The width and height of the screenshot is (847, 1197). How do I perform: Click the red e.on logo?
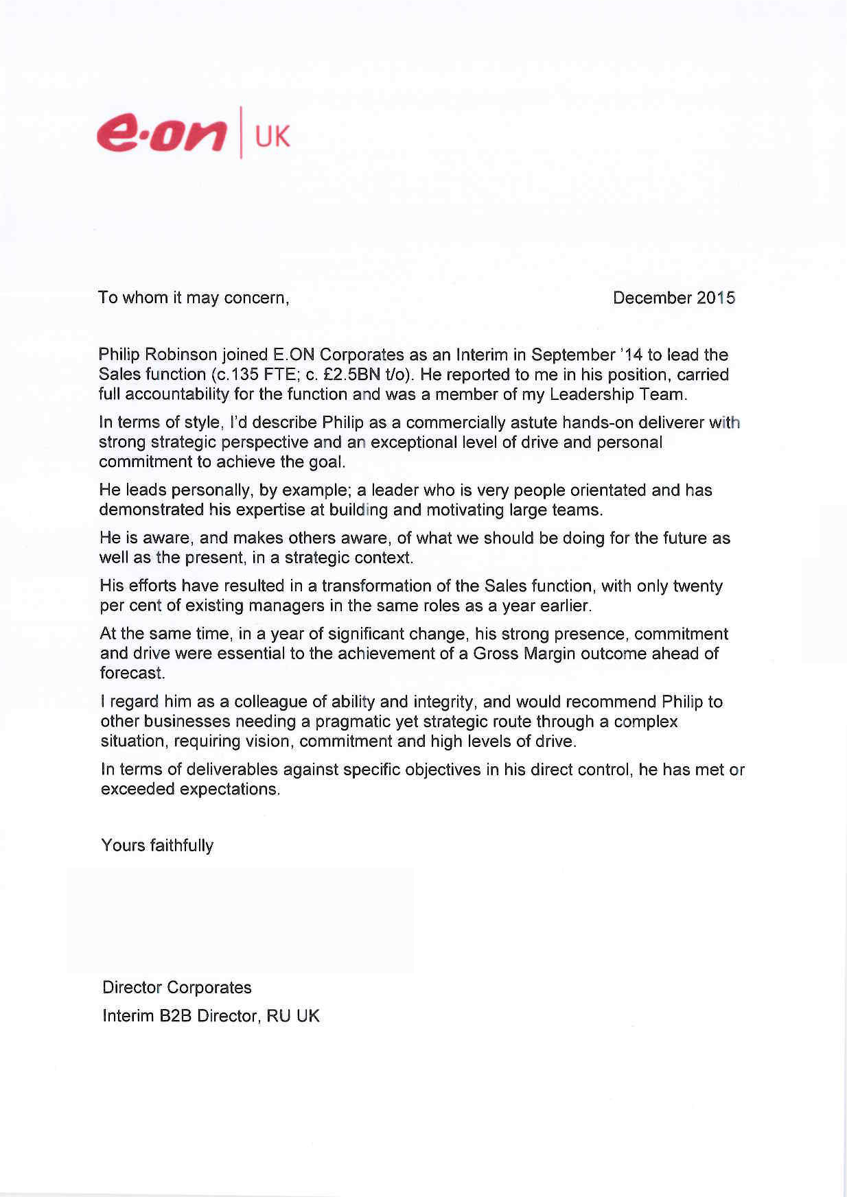(162, 132)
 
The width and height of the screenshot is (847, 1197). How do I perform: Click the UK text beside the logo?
(272, 137)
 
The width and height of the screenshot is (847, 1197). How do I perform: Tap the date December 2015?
(673, 298)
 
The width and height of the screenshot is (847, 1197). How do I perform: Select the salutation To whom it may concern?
(194, 298)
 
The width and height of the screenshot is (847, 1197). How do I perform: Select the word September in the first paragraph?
(573, 355)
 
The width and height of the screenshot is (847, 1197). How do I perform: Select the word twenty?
(697, 586)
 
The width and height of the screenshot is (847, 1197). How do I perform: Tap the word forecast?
(132, 673)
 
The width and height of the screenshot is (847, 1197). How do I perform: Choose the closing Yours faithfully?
(157, 845)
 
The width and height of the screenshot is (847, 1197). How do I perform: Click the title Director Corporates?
(176, 987)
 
